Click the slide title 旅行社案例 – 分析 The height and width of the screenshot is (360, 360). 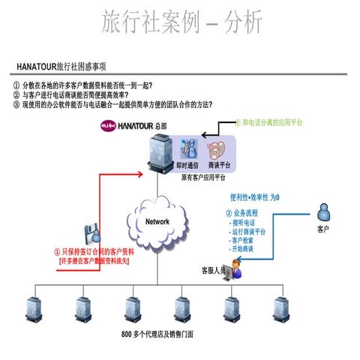tap(182, 22)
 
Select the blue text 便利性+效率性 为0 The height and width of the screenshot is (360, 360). tap(254, 197)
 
